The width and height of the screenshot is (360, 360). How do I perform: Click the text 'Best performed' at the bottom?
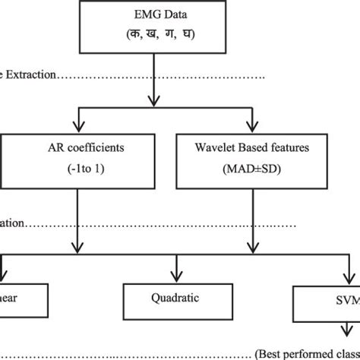(311, 353)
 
